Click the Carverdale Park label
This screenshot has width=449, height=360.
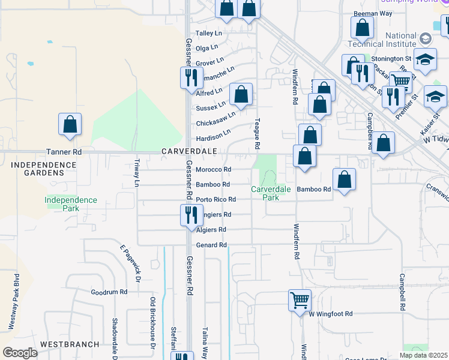(271, 193)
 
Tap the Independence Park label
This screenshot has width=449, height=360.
(71, 204)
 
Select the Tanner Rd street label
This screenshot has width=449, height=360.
(63, 152)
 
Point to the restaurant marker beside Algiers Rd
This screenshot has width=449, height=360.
(191, 215)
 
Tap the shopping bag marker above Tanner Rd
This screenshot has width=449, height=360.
(70, 124)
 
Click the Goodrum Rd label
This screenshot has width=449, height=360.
(109, 292)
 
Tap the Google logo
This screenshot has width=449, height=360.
(20, 353)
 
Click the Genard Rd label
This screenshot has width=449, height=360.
(211, 245)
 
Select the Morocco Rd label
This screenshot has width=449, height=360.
(214, 169)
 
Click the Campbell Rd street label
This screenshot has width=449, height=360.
(401, 293)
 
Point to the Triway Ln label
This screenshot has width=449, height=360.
(137, 172)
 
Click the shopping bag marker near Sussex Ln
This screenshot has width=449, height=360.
(241, 95)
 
